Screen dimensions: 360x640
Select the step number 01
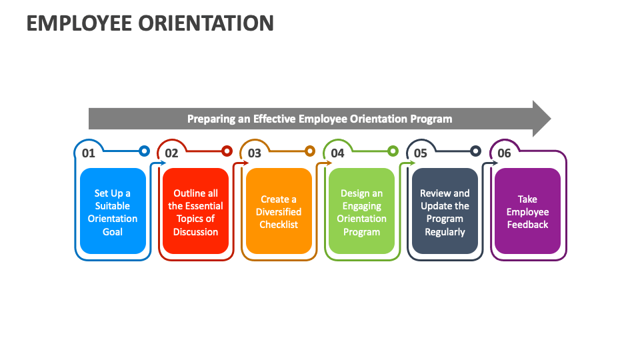click(89, 153)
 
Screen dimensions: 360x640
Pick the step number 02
click(171, 153)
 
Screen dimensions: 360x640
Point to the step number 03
click(255, 153)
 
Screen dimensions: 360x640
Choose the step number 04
click(337, 153)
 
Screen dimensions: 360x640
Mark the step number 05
click(421, 153)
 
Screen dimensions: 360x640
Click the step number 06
click(504, 153)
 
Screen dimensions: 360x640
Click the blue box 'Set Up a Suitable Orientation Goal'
click(113, 211)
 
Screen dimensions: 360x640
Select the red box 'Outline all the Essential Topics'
click(196, 211)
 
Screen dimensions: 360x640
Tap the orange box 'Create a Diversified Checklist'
click(279, 211)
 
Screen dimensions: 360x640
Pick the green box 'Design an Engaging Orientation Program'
click(362, 211)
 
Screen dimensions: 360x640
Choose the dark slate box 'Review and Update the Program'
click(445, 211)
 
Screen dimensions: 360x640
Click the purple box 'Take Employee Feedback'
click(527, 211)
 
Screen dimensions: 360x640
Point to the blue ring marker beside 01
click(144, 151)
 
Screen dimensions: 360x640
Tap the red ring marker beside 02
click(227, 151)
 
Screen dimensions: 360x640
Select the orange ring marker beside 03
click(310, 151)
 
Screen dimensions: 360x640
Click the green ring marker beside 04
click(393, 151)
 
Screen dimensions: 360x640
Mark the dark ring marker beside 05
click(475, 151)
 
